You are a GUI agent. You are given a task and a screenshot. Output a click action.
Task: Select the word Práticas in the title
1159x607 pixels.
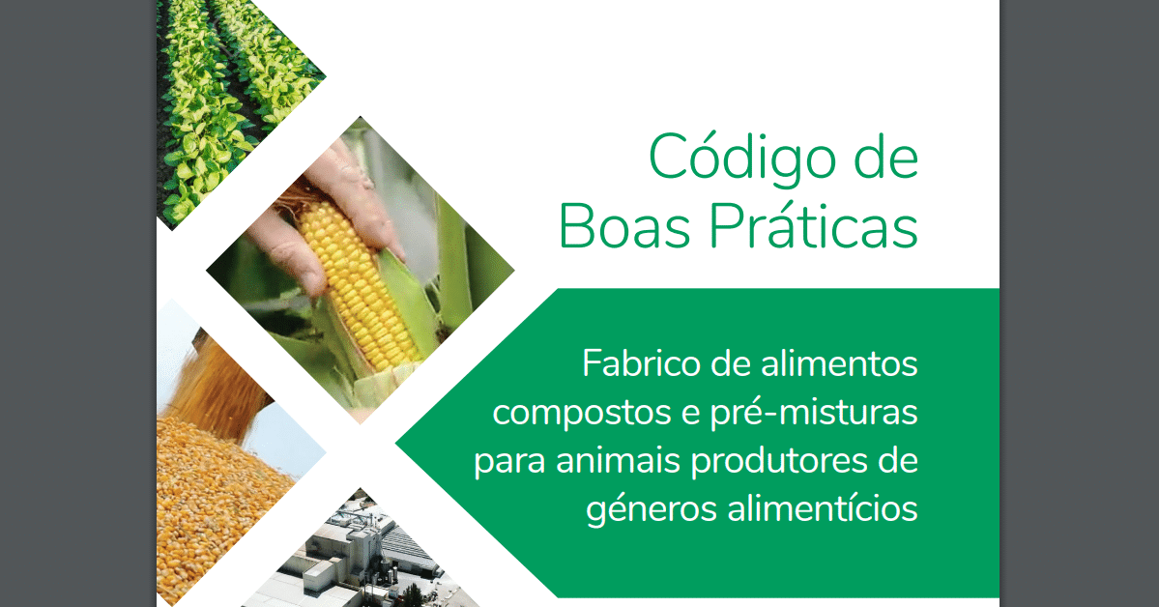(814, 225)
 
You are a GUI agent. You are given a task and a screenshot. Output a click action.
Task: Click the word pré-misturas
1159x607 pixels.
(814, 412)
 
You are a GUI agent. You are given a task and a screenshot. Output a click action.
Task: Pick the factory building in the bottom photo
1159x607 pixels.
(355, 555)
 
